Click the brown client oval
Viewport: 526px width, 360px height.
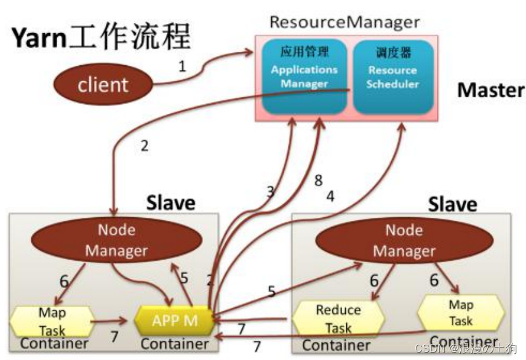point(103,85)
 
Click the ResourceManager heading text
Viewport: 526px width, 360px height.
point(345,23)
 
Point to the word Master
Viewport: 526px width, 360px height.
point(490,90)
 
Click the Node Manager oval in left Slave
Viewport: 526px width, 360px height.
point(116,241)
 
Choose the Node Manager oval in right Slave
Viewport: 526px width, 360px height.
point(404,241)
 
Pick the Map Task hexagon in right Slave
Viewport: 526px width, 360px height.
point(460,313)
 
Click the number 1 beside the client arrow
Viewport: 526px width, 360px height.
point(182,66)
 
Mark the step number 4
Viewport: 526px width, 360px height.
point(330,198)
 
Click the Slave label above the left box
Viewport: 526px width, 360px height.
point(170,202)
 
